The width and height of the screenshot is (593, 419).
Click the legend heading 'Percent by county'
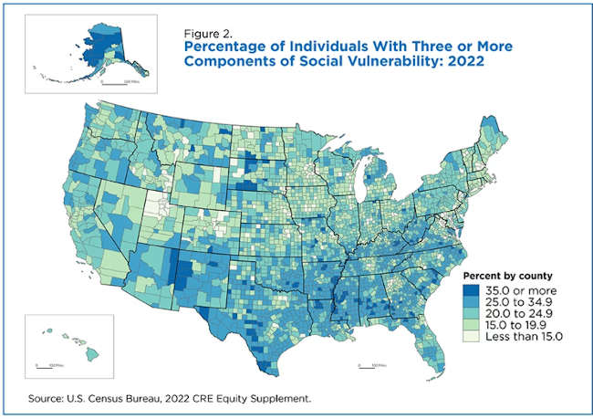tap(503, 276)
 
